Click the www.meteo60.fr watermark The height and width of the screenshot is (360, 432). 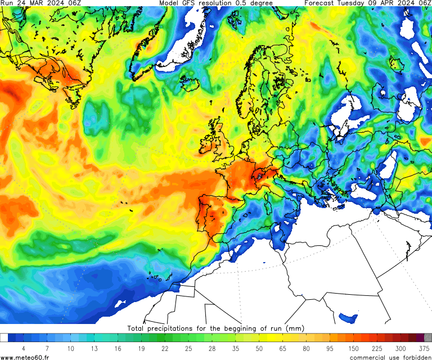point(25,357)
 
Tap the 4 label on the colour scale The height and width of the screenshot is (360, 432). point(23,349)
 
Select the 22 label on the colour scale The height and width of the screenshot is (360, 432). point(165,349)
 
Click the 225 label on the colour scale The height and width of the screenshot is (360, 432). point(369,349)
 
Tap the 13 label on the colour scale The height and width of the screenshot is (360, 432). point(94,349)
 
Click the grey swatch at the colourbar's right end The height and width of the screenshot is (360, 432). point(427,337)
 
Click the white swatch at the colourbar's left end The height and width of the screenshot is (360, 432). point(4,337)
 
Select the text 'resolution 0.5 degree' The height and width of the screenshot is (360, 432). point(236,3)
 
